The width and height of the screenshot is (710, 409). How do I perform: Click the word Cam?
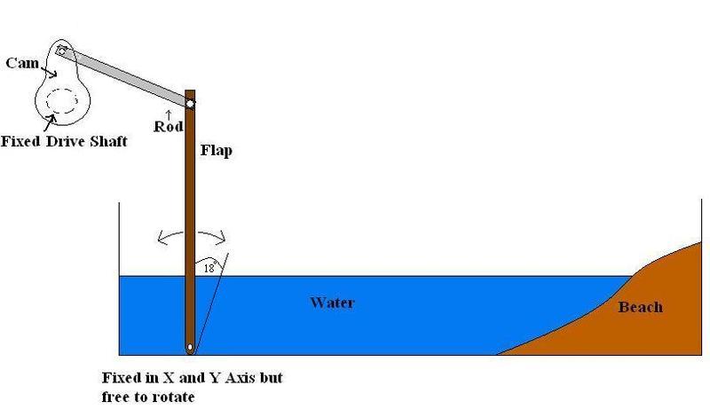22,62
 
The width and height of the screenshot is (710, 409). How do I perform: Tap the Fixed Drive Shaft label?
64,141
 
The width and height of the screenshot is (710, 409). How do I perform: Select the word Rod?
169,126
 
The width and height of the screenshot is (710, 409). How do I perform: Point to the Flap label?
217,150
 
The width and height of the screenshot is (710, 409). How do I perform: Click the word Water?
332,303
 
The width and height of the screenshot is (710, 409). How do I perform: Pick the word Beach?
640,307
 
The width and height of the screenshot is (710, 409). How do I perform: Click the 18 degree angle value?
209,268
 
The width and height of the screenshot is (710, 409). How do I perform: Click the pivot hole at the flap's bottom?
190,348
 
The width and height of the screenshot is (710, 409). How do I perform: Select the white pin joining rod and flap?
190,104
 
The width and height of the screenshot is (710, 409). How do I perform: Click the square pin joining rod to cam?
61,51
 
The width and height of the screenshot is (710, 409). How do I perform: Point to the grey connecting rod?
125,77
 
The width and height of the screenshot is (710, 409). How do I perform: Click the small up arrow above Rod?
169,114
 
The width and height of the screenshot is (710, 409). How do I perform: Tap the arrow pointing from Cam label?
49,72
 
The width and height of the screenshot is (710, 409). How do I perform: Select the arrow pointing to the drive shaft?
50,121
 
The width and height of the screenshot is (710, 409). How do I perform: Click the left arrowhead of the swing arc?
162,238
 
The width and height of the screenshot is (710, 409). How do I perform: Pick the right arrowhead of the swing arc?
221,237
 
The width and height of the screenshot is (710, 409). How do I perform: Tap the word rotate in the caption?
173,397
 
